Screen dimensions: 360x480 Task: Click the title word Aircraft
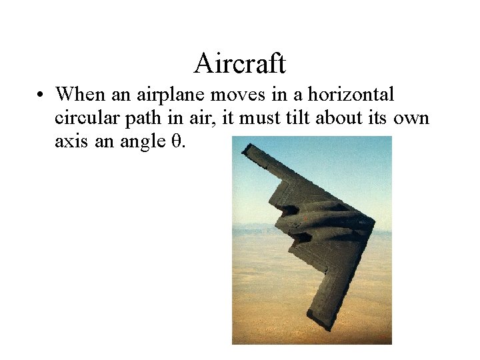click(240, 64)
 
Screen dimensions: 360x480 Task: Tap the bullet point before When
click(41, 95)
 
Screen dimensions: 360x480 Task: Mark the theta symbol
click(177, 141)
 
